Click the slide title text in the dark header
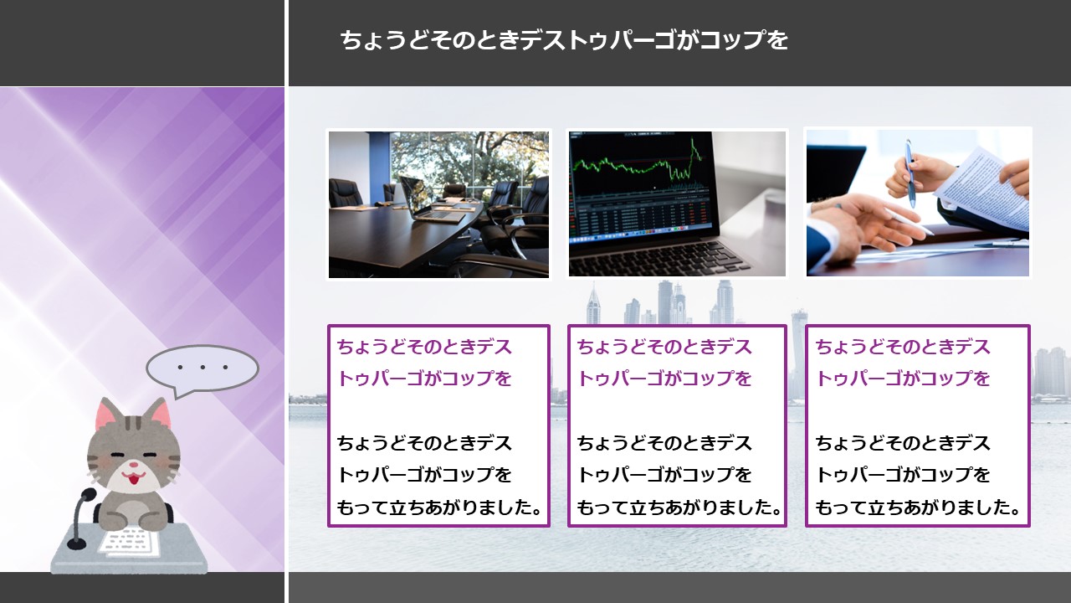564,39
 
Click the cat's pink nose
135,465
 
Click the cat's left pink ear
108,415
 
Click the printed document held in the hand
985,189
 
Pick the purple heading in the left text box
424,363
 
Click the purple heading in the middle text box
664,363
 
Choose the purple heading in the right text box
902,363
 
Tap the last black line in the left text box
439,508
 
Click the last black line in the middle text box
679,508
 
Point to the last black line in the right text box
918,508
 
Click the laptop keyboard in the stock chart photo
660,256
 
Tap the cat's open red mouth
133,477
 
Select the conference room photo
439,204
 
